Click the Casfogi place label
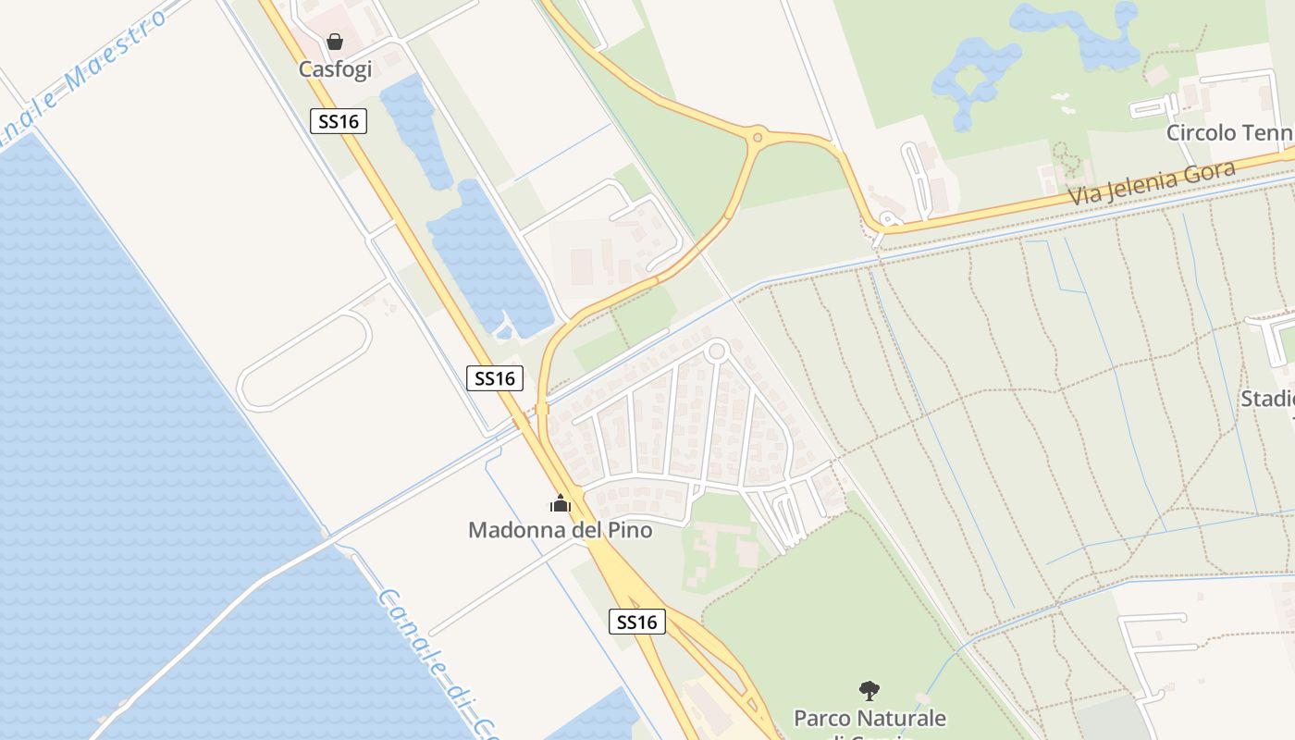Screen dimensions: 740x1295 pos(335,69)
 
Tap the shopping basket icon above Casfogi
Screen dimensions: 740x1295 pos(335,42)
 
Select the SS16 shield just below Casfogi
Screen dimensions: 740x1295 pos(339,121)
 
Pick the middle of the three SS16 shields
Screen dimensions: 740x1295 pos(495,377)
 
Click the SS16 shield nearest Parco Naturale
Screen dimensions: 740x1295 pos(637,623)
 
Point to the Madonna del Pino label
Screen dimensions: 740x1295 pos(560,530)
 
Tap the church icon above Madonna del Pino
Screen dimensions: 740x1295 pos(561,504)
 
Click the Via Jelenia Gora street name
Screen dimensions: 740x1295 pos(1152,184)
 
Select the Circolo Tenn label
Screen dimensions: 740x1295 pos(1227,133)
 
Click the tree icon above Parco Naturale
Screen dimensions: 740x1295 pos(869,690)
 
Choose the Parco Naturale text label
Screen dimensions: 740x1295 pos(869,718)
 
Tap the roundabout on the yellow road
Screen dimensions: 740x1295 pos(758,138)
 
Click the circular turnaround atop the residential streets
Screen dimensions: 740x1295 pos(716,351)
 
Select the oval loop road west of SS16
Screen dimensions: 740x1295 pos(305,362)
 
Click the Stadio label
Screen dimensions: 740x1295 pos(1267,399)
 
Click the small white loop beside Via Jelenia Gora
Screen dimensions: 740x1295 pos(889,222)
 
